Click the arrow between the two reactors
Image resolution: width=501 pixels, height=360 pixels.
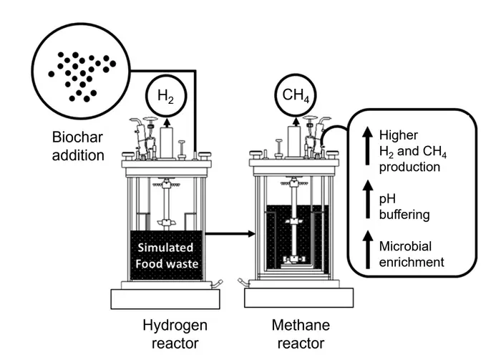(x=230, y=233)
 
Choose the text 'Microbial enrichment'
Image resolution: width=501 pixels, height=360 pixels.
(x=412, y=253)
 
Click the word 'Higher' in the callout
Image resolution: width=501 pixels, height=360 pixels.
(x=398, y=134)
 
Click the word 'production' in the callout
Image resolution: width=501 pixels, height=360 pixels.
(x=410, y=167)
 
